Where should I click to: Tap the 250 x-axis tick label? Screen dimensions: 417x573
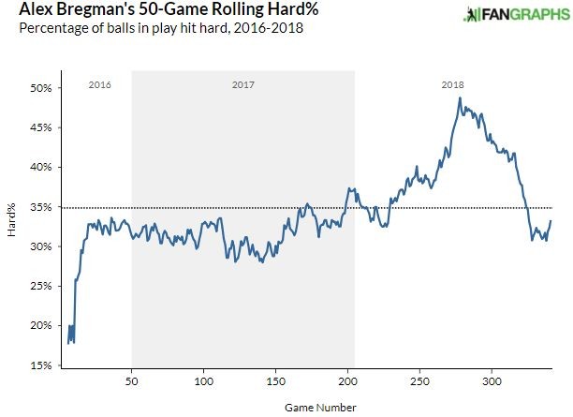pos(419,382)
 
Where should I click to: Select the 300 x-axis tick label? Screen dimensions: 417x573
pos(492,382)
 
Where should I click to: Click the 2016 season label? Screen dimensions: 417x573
pos(99,85)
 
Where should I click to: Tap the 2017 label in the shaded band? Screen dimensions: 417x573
pos(242,85)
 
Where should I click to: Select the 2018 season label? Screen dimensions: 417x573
pos(452,85)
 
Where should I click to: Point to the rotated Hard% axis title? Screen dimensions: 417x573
pos(12,227)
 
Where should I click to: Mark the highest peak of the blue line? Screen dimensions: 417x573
pos(460,98)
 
